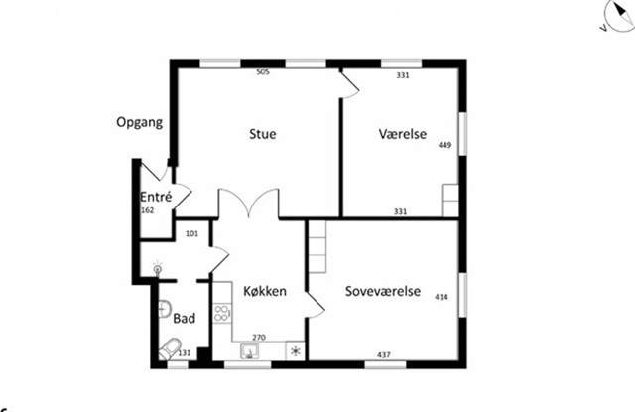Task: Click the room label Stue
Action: pyautogui.click(x=262, y=134)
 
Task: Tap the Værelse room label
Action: pyautogui.click(x=403, y=134)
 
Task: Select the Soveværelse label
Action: pyautogui.click(x=383, y=291)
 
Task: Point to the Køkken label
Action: pyautogui.click(x=265, y=291)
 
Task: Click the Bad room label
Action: pyautogui.click(x=185, y=318)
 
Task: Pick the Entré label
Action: pyautogui.click(x=156, y=197)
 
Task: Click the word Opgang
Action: pyautogui.click(x=140, y=122)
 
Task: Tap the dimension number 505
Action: pyautogui.click(x=263, y=72)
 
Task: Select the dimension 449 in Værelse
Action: pyautogui.click(x=444, y=145)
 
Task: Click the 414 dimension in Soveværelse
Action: pyautogui.click(x=442, y=297)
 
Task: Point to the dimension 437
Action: pyautogui.click(x=384, y=354)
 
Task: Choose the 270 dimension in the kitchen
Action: pyautogui.click(x=259, y=338)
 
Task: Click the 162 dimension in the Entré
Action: pyautogui.click(x=148, y=210)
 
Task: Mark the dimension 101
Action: pyautogui.click(x=191, y=233)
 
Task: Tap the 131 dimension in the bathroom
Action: pyautogui.click(x=185, y=353)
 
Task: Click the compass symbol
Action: pyautogui.click(x=619, y=16)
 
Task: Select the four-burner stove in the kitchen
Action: pyautogui.click(x=222, y=313)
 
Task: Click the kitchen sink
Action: pyautogui.click(x=249, y=350)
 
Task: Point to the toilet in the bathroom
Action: pyautogui.click(x=170, y=348)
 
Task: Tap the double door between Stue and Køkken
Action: pyautogui.click(x=248, y=204)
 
